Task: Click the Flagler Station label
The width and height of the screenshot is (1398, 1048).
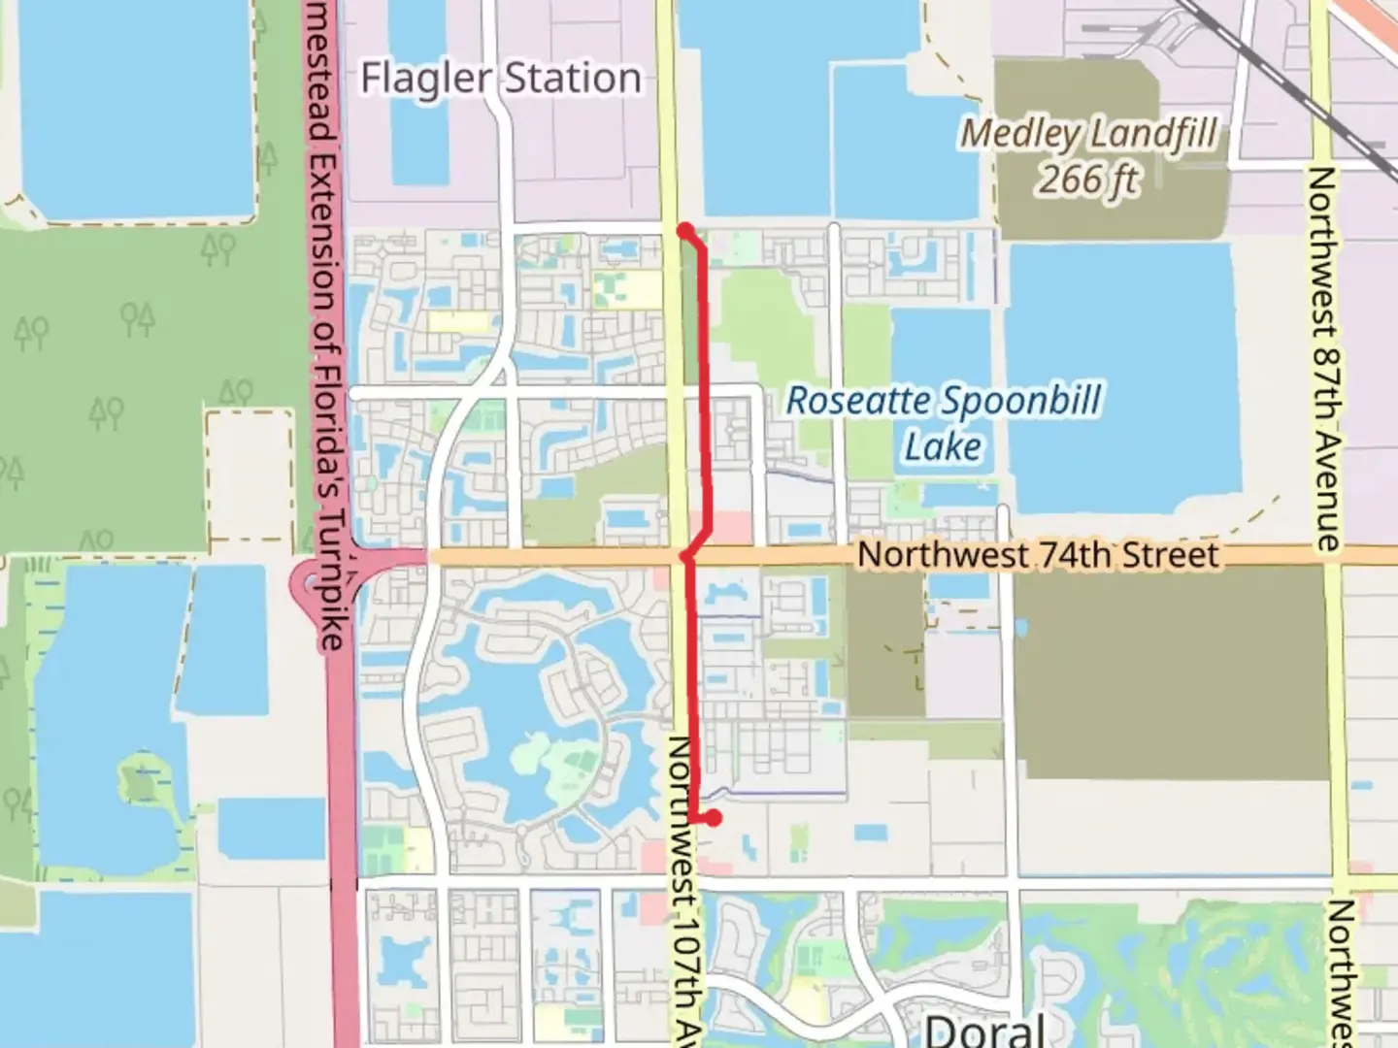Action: click(x=501, y=79)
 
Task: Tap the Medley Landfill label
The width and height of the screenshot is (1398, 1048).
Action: click(x=1088, y=134)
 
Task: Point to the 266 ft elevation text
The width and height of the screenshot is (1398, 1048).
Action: click(x=1089, y=180)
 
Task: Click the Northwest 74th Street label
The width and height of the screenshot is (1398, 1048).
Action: click(x=1038, y=555)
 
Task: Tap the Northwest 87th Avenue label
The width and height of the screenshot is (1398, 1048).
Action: click(x=1324, y=359)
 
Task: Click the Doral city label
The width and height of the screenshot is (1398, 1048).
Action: click(x=984, y=1030)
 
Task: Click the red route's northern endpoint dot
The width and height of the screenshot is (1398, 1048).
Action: click(x=685, y=231)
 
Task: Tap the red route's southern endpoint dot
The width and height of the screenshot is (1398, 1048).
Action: click(x=714, y=818)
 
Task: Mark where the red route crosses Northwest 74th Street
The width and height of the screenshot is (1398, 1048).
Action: click(x=687, y=556)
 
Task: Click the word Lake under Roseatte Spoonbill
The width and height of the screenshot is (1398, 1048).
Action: click(x=944, y=447)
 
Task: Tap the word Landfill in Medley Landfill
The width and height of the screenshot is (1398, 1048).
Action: click(x=1154, y=134)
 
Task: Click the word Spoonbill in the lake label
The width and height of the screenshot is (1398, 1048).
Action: click(x=1022, y=401)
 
